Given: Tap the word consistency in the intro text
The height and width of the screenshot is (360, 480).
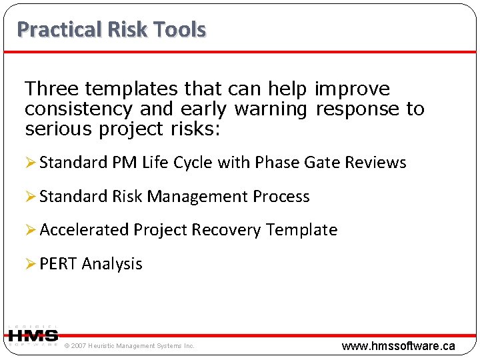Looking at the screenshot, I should [80, 109].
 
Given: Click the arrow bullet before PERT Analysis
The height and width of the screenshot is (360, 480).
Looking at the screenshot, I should [31, 264].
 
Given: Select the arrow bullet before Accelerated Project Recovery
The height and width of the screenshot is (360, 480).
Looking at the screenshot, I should [31, 230].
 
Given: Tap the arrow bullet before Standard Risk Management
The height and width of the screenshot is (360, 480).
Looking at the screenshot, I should [31, 197].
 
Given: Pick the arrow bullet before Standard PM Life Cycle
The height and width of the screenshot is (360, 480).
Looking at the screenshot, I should [31, 163].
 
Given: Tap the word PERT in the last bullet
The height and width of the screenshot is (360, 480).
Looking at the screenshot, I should [59, 264].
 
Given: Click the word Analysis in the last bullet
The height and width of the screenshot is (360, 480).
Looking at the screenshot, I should [112, 264].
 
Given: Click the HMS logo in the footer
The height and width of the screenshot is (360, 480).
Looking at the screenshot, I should [33, 336].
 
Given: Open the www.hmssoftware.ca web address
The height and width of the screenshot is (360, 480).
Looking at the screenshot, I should [398, 346].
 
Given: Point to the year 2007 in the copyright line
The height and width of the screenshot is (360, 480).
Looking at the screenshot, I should [79, 346].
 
